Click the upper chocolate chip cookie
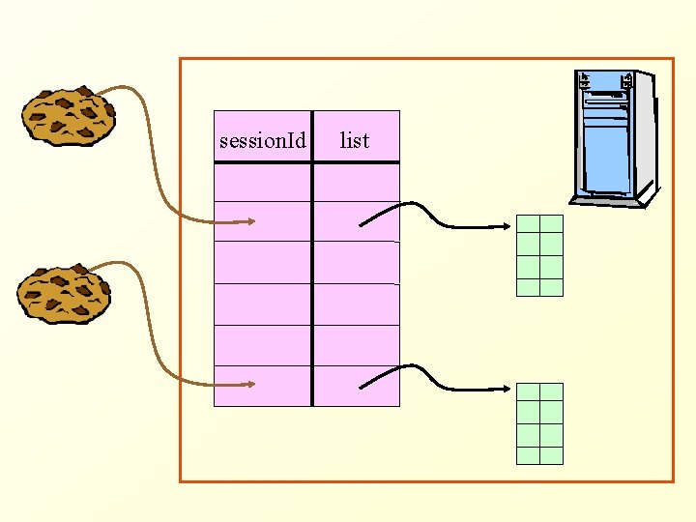[x=69, y=118]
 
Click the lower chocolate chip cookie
[x=64, y=294]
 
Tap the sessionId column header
[x=262, y=141]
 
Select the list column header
[x=355, y=141]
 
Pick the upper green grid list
[x=539, y=254]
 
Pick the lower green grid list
[x=539, y=423]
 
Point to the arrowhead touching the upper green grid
[x=508, y=228]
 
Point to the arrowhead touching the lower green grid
[x=508, y=391]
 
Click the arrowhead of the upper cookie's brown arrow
[x=251, y=222]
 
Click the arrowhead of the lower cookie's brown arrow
[x=251, y=385]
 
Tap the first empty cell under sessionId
[x=262, y=182]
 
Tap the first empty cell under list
[x=357, y=182]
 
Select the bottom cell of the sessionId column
[x=262, y=387]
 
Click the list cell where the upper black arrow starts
[x=357, y=221]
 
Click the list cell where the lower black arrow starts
[x=357, y=387]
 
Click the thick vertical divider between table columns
[x=312, y=280]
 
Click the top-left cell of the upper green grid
[x=528, y=223]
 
